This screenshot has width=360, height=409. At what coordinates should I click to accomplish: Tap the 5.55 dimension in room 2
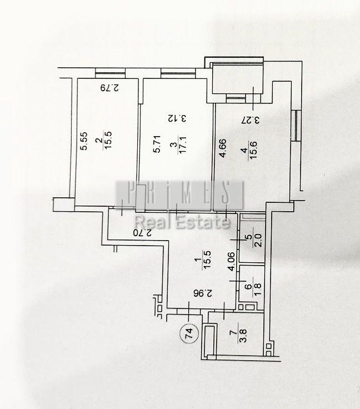click(x=84, y=141)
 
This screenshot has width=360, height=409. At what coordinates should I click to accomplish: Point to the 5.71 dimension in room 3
click(x=157, y=144)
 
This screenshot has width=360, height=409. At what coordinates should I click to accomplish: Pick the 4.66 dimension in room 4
click(x=223, y=149)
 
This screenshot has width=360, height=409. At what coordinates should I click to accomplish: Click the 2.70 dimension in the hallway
click(x=142, y=233)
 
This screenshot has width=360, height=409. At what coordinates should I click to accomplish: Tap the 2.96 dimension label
click(x=203, y=293)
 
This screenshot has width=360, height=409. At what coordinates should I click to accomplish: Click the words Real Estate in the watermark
click(x=182, y=222)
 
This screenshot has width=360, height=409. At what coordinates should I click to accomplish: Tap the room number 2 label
click(x=99, y=141)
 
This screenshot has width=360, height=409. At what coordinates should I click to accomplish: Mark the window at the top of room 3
click(x=178, y=73)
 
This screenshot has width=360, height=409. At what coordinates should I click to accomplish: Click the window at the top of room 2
click(x=110, y=73)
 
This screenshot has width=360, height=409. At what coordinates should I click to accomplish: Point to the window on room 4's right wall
click(x=297, y=126)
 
